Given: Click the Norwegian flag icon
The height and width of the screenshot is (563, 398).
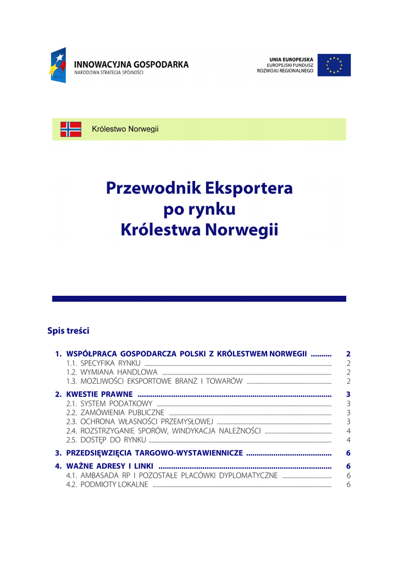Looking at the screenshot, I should coord(71,129).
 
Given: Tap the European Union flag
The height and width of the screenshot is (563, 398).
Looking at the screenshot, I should coord(334,65).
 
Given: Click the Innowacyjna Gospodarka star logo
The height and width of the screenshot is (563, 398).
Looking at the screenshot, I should coord(58,65).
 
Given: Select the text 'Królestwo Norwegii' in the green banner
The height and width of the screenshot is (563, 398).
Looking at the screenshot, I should coord(125,129).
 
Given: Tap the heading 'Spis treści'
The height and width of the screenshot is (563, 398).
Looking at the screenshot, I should coord(68,331).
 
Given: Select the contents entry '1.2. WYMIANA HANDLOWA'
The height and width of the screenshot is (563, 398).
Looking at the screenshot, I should coord(112,372).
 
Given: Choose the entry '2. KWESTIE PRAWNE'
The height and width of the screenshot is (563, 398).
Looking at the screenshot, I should coord(99,394).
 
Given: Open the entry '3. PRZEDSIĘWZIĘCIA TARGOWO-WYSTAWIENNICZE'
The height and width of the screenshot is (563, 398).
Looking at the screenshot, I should coord(154,453).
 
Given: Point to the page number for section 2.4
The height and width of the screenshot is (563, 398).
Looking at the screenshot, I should coord(349,430).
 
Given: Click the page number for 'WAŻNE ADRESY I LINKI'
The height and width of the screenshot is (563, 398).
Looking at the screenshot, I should coord(349,466).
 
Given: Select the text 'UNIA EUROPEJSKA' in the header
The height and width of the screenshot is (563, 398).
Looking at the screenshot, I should coord(291,59).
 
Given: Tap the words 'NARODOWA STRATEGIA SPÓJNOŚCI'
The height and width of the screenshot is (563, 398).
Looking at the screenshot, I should coord(108,73).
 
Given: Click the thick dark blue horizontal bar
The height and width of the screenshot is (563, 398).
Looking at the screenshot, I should coord(199,299).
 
